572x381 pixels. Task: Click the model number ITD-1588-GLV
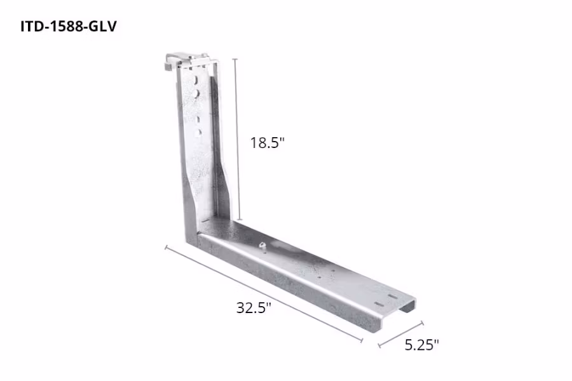68,27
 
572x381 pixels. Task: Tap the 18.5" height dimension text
266,143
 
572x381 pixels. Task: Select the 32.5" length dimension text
254,309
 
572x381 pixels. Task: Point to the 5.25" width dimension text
422,345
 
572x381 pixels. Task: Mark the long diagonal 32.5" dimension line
263,294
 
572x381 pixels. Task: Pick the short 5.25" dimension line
400,335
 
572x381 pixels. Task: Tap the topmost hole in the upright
198,79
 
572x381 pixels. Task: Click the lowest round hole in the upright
198,132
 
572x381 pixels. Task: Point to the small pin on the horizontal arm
261,245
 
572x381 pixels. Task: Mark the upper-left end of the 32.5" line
166,246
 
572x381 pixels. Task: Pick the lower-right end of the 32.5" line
362,342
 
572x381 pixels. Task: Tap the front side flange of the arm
286,279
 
